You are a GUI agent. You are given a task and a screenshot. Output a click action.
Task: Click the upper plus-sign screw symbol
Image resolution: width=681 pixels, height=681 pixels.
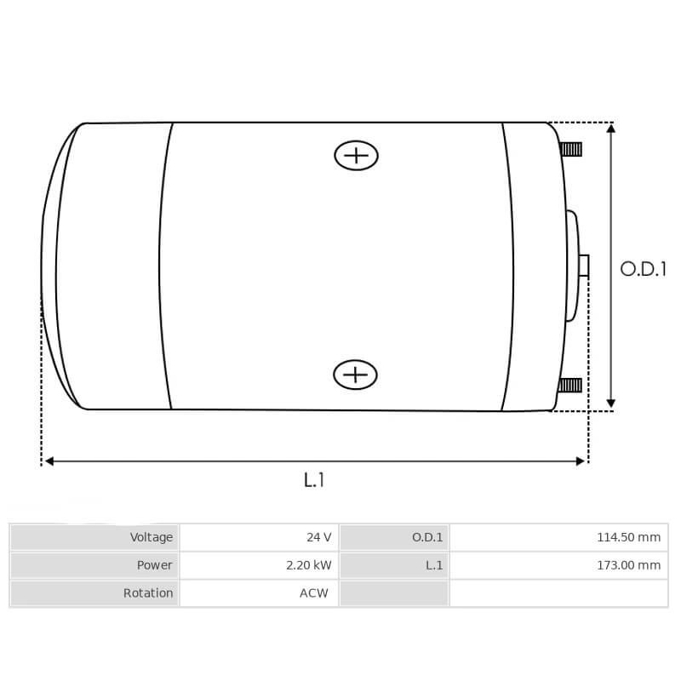[356, 155]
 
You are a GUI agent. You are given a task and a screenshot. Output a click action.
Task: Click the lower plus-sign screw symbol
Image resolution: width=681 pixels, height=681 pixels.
[355, 375]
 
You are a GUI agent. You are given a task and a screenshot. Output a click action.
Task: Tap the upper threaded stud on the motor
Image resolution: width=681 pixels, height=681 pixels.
[571, 149]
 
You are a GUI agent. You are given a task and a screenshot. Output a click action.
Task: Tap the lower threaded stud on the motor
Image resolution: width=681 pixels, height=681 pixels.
[570, 385]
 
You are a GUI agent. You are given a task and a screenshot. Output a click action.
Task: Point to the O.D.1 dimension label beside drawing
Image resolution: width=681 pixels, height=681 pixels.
[643, 269]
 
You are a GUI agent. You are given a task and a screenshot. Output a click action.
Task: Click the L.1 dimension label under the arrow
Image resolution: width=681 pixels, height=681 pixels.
[314, 480]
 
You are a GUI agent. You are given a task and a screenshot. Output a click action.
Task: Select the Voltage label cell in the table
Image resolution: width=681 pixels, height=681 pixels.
[94, 537]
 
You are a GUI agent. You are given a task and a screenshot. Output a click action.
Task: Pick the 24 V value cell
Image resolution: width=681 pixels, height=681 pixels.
[259, 537]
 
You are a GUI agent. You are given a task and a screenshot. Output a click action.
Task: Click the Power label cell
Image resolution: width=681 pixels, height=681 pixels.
[94, 565]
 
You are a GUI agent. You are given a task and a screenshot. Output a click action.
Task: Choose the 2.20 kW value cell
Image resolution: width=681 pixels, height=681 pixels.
[259, 565]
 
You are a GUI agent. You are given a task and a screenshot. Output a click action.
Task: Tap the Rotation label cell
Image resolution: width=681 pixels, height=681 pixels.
[94, 593]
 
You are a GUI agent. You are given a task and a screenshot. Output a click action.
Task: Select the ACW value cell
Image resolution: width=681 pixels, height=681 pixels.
[259, 593]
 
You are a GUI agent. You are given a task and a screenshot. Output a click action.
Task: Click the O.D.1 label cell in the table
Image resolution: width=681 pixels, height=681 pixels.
[394, 537]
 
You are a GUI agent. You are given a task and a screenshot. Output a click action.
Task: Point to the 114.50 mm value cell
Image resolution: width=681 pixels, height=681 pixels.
[558, 537]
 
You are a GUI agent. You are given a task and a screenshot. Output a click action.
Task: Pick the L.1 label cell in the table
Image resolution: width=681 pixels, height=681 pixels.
[394, 565]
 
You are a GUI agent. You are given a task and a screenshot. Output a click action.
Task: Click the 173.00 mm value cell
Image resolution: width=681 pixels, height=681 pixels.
[558, 565]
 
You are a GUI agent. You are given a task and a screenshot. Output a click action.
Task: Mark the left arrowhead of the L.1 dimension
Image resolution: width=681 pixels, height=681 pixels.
[49, 461]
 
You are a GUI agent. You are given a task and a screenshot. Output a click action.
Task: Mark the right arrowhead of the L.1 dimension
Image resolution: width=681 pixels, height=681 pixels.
[581, 461]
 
